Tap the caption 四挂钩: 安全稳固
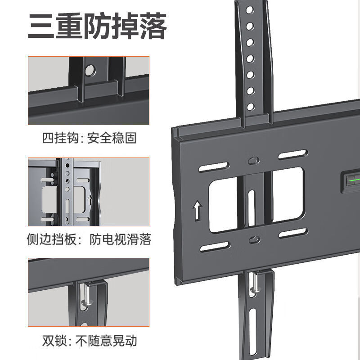click(x=89, y=138)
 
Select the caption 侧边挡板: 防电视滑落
click(x=89, y=239)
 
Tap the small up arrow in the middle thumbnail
click(x=90, y=199)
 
